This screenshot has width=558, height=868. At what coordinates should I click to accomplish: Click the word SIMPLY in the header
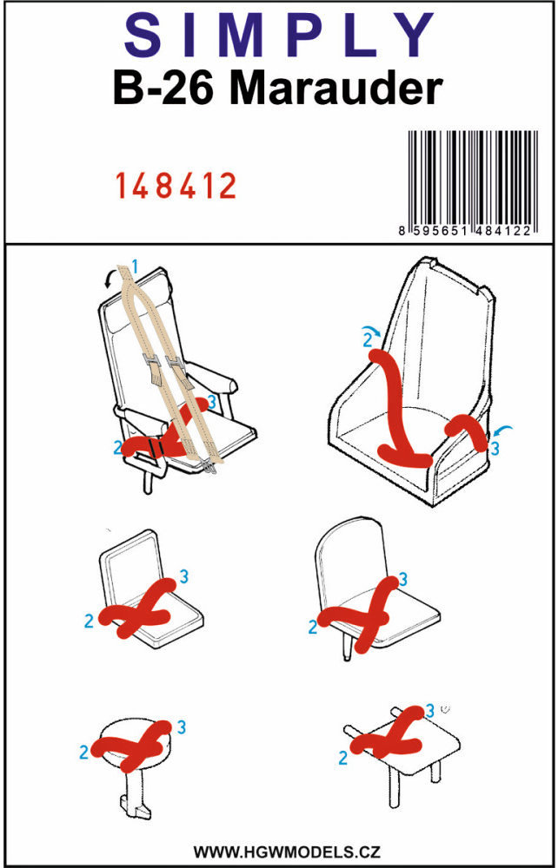point(279,37)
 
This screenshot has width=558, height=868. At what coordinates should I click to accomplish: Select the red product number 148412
point(176,186)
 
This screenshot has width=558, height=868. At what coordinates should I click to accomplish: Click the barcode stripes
point(473,176)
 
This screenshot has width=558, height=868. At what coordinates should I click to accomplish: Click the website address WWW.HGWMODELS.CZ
point(287,851)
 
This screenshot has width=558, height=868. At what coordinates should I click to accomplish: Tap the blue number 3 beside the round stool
point(181,727)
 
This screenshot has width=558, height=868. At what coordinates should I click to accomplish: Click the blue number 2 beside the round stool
point(84,753)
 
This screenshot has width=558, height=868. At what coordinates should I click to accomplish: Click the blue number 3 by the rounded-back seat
point(403,579)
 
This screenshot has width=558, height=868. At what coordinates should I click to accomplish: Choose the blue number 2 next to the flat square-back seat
point(90,621)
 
